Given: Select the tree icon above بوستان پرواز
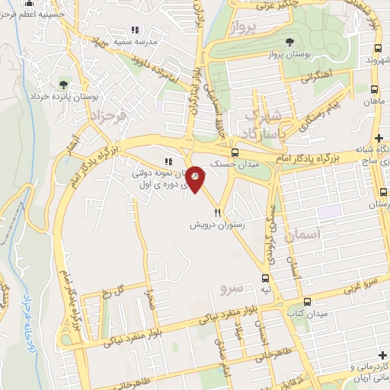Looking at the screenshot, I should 288,42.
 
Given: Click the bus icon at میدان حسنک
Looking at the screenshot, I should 234,152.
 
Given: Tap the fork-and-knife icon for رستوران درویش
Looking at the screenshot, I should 217,213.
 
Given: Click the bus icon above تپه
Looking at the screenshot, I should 265,279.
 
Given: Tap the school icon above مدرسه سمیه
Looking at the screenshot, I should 136,30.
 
